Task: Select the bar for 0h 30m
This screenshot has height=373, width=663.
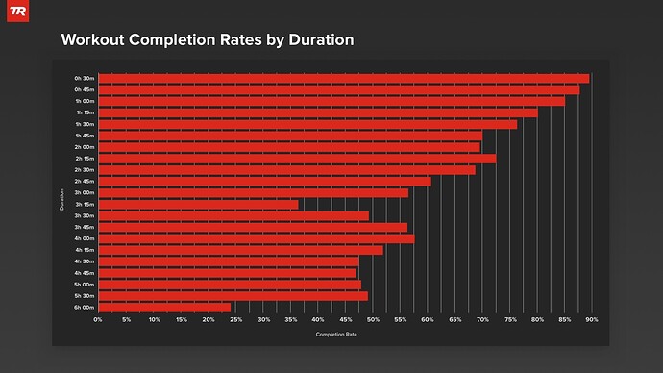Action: pyautogui.click(x=343, y=78)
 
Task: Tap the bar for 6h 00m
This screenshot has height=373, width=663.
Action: pyautogui.click(x=164, y=308)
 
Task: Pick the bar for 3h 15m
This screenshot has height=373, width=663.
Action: pyautogui.click(x=198, y=204)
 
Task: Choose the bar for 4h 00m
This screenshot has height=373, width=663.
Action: pyautogui.click(x=256, y=238)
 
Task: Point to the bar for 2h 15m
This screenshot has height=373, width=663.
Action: pyautogui.click(x=297, y=159)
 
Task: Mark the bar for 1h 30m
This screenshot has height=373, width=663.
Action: pyautogui.click(x=307, y=124)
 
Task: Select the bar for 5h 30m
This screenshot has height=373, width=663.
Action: pyautogui.click(x=233, y=296)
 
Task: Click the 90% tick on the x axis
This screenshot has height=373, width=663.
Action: pyautogui.click(x=592, y=319)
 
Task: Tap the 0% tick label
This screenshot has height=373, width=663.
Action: pyautogui.click(x=98, y=319)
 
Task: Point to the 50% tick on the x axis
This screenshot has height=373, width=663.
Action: pyautogui.click(x=373, y=319)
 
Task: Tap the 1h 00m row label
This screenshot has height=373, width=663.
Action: pyautogui.click(x=84, y=101)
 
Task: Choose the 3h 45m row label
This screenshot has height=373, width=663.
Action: pyautogui.click(x=84, y=227)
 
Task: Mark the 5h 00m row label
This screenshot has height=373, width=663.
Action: pyautogui.click(x=84, y=285)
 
